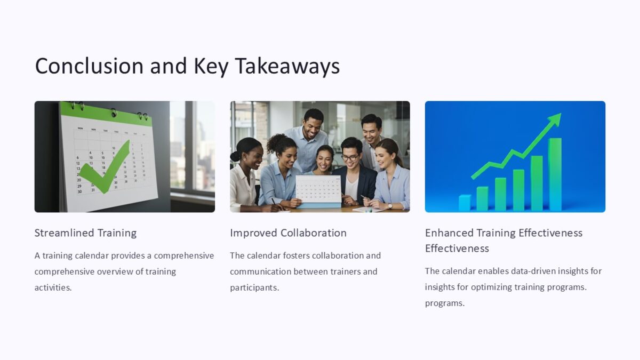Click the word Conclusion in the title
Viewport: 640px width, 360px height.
tap(89, 66)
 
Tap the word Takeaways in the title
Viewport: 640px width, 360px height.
tap(287, 66)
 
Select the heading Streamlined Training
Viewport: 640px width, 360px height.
tap(85, 233)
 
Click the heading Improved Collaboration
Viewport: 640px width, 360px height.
tap(288, 233)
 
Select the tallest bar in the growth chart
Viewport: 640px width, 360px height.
tap(555, 174)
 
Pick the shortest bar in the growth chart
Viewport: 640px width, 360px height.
tap(465, 203)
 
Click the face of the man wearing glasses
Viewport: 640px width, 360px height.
tap(350, 155)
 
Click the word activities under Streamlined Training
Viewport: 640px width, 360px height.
tap(52, 287)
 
